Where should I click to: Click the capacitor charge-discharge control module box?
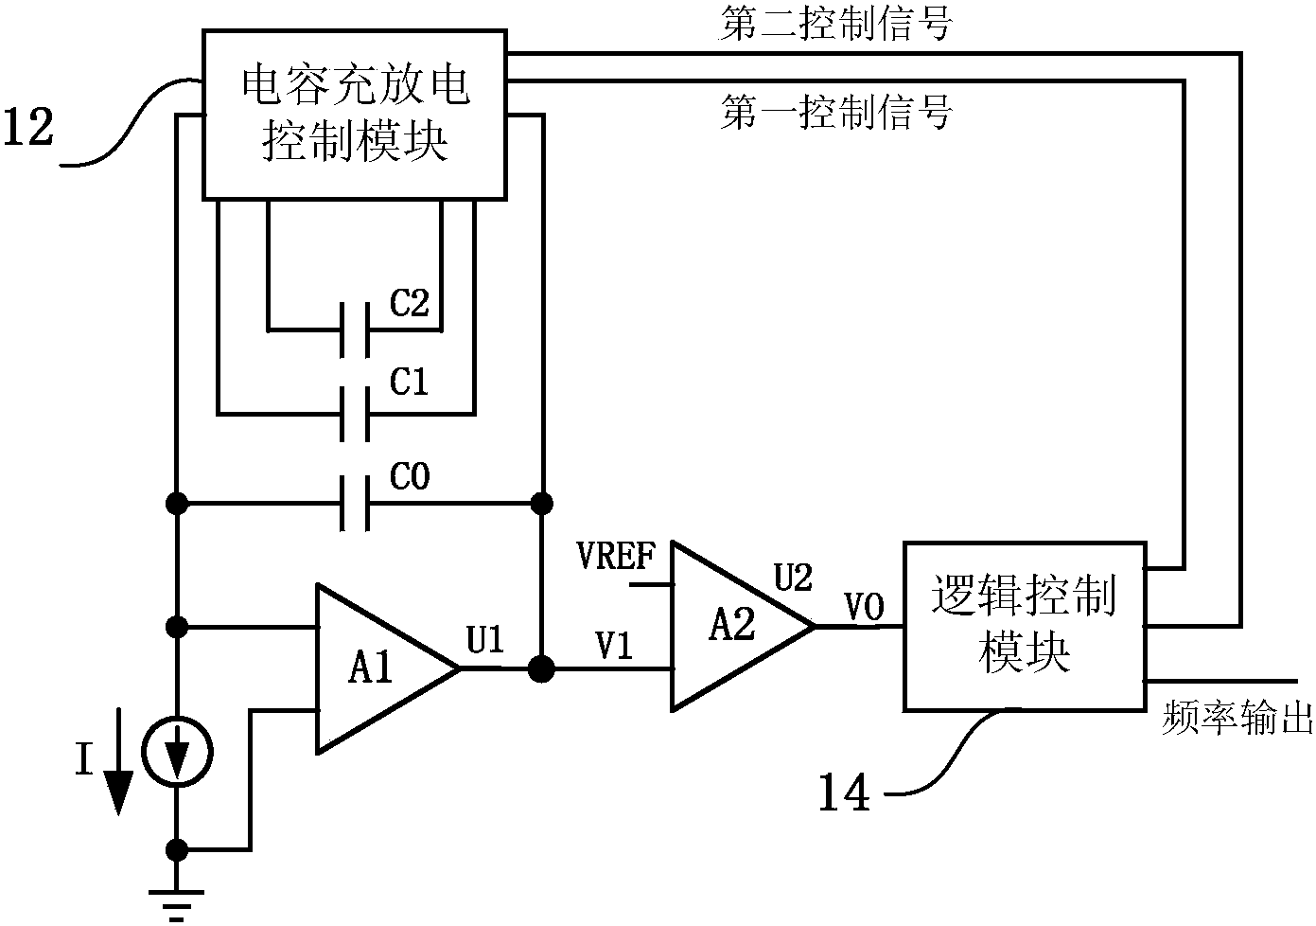(355, 115)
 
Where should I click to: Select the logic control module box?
(1025, 626)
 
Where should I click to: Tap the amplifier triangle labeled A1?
(374, 669)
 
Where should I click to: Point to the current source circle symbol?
(177, 754)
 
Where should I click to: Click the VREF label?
(616, 557)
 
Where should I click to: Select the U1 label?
(485, 641)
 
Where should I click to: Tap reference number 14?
(843, 793)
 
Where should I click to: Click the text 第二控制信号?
(835, 25)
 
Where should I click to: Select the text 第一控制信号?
(835, 113)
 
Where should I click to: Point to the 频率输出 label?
(1237, 720)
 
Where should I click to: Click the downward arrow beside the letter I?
(118, 776)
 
